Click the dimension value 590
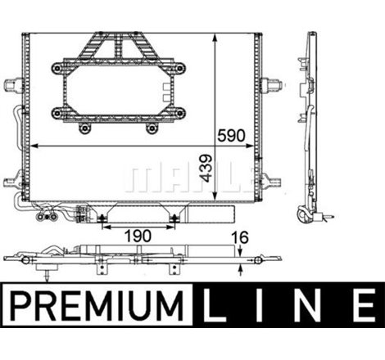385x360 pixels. (x=231, y=136)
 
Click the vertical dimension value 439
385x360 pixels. (x=206, y=168)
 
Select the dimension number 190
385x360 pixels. (x=138, y=236)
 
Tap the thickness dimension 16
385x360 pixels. (x=240, y=237)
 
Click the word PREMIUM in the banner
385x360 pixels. (x=97, y=305)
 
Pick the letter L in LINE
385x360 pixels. (x=213, y=305)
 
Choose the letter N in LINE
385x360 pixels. (x=308, y=305)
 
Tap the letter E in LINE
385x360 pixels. (x=364, y=305)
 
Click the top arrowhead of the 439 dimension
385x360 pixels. (x=215, y=38)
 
